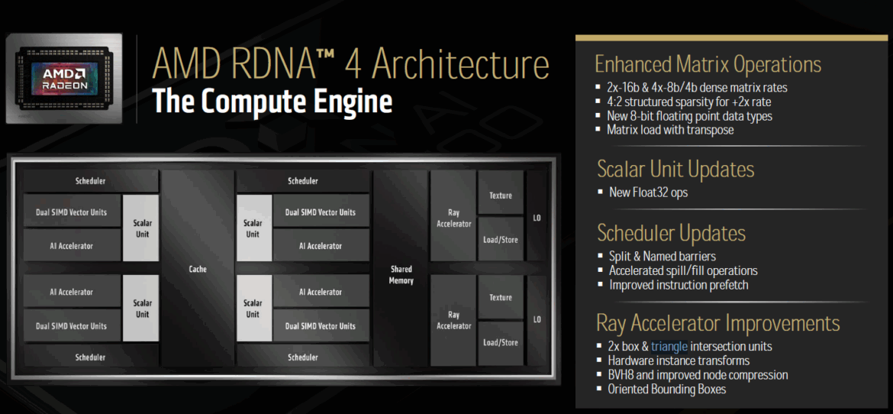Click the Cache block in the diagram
point(198,269)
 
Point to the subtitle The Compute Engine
point(272,102)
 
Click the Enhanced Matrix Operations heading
point(708,64)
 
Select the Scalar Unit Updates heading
point(676,170)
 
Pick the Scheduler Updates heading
point(672,233)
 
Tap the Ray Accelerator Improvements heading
point(718,323)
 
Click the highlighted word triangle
point(670,346)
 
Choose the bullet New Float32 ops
point(648,192)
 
